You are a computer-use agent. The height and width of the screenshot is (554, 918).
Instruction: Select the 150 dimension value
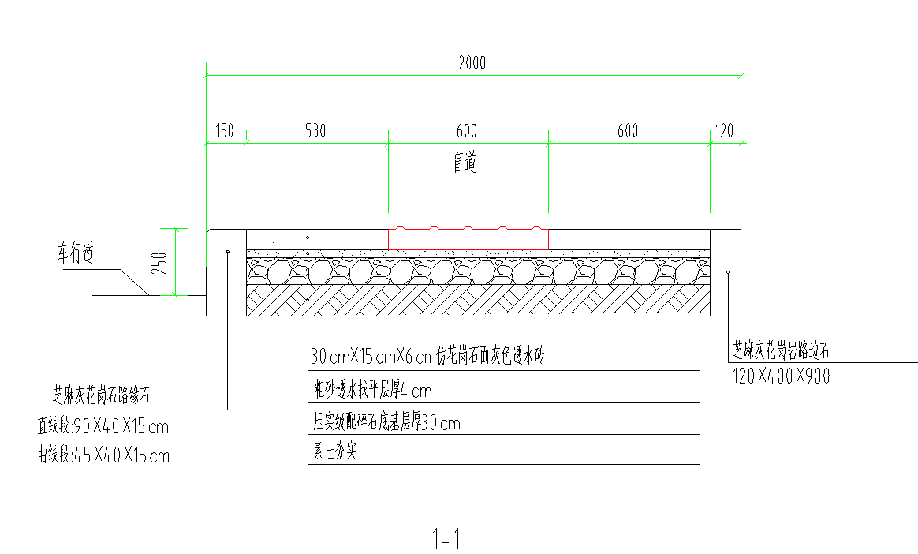click(x=225, y=131)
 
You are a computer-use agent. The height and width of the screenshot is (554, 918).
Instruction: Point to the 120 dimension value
click(x=724, y=131)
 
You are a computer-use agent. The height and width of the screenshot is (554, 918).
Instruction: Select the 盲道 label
click(x=465, y=163)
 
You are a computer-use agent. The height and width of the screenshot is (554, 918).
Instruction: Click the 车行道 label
click(x=74, y=255)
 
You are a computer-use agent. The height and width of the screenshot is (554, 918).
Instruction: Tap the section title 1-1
click(x=446, y=540)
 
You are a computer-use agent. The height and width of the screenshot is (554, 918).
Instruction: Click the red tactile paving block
click(x=468, y=239)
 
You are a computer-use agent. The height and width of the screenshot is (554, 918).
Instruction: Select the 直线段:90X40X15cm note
click(x=103, y=428)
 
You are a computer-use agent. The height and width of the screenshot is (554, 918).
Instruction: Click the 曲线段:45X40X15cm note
click(x=103, y=455)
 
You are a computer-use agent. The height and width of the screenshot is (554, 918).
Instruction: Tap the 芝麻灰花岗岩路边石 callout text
click(x=781, y=348)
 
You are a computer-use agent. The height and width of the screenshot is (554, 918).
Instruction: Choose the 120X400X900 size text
click(x=781, y=376)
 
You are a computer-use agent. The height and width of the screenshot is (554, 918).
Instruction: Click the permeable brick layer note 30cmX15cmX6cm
click(x=427, y=357)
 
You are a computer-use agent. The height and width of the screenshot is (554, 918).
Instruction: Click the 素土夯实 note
click(x=334, y=454)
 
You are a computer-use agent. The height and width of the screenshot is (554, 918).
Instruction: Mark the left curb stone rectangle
click(x=226, y=272)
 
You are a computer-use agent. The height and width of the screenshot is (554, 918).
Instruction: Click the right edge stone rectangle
click(x=725, y=272)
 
